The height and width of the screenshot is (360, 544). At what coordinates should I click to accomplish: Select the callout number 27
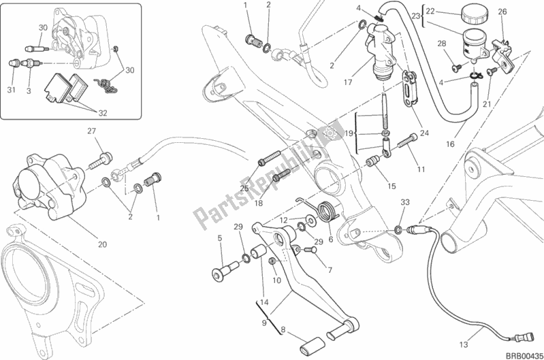[x=91, y=131]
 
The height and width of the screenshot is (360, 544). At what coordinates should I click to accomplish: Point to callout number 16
[x=451, y=144]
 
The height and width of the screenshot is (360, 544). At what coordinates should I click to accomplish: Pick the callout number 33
[x=404, y=203]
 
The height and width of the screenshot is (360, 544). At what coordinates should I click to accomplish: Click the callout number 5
[x=220, y=238]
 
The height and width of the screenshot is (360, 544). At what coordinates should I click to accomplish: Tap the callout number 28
[x=442, y=44]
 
